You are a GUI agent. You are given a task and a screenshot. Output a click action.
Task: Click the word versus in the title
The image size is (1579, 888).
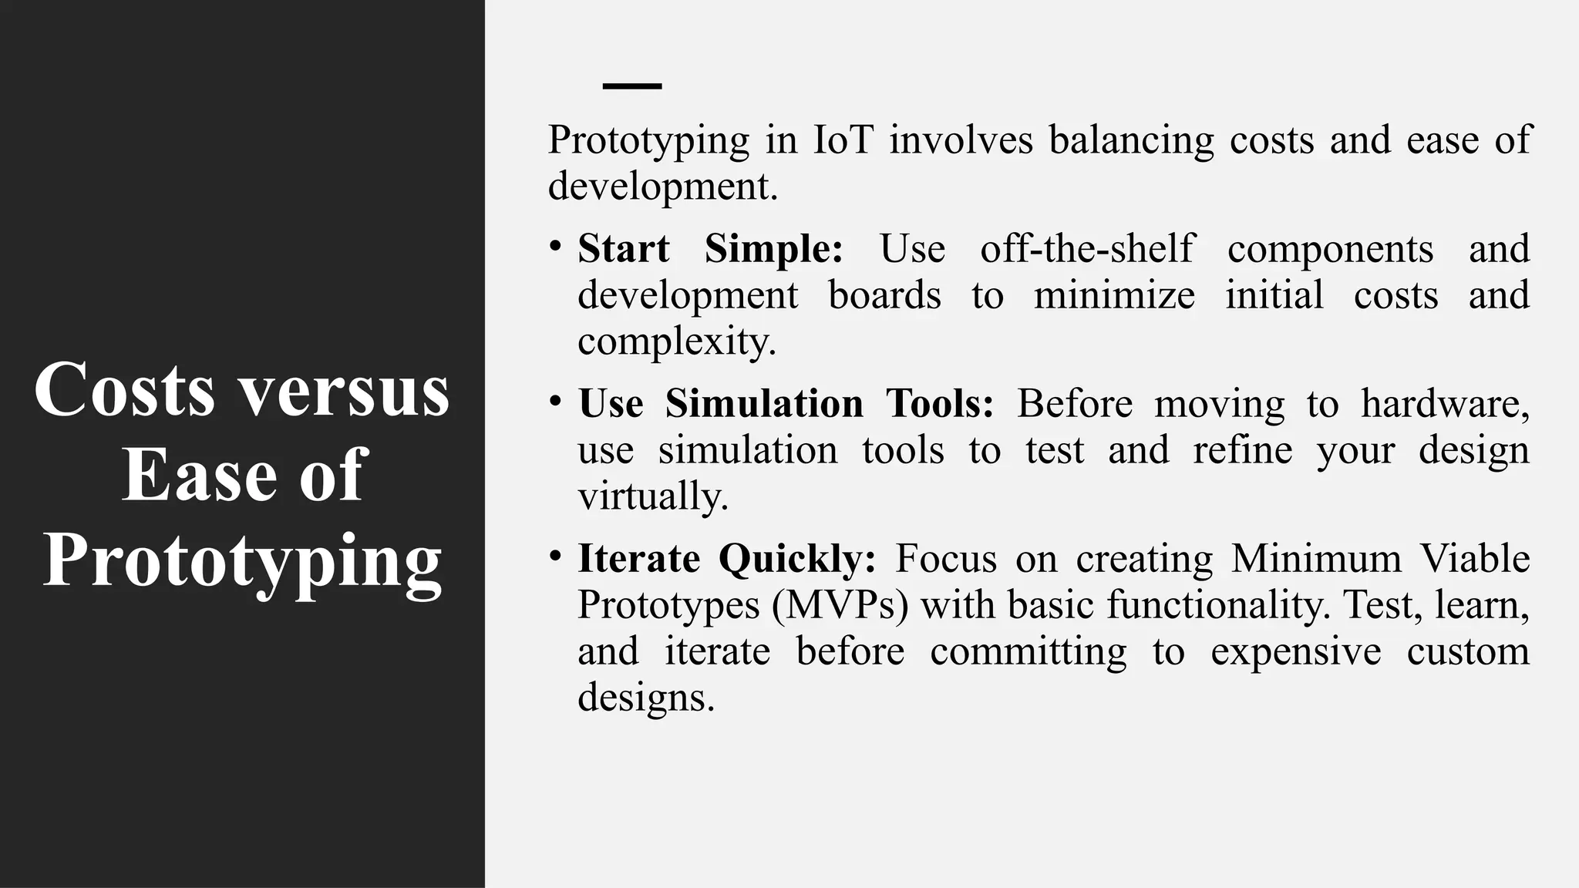[x=343, y=390]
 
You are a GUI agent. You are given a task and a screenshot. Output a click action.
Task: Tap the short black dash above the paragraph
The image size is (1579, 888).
[x=631, y=86]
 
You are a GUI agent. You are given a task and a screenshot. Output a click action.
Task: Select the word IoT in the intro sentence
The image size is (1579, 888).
[x=843, y=140]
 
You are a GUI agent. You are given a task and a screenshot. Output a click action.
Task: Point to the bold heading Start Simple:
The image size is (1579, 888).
[x=710, y=249]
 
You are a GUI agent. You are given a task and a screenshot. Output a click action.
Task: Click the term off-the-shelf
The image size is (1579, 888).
[x=1087, y=249]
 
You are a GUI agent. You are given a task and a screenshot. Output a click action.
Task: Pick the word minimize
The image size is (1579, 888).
[x=1114, y=295]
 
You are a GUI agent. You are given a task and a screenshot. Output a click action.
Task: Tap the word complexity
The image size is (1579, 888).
[x=676, y=341]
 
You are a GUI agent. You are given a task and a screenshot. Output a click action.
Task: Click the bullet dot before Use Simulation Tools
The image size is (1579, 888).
[x=555, y=401]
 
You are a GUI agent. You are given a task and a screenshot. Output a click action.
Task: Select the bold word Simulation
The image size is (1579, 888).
[x=764, y=404]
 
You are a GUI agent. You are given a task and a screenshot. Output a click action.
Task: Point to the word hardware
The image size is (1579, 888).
[x=1444, y=404]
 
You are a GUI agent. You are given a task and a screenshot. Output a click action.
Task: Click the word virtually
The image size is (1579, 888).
[x=652, y=496]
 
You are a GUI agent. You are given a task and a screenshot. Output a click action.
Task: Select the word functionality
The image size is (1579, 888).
[x=1218, y=605]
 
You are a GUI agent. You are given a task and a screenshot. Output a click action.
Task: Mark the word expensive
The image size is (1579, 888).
[x=1295, y=651]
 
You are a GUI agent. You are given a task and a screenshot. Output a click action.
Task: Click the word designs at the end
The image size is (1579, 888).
[x=646, y=698]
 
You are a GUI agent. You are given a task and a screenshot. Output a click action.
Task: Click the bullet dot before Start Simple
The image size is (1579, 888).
[x=555, y=246]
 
